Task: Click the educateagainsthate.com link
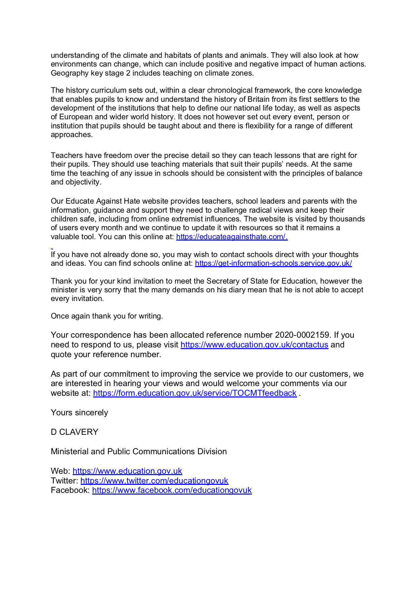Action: [x=232, y=237]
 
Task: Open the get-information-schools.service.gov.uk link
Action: [x=273, y=263]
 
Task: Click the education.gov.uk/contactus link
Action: [x=254, y=345]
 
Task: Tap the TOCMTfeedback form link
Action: [x=195, y=393]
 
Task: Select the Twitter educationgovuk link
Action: [x=154, y=481]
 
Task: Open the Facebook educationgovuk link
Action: [x=172, y=490]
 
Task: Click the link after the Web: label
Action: [x=127, y=471]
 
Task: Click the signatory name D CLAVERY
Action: [x=75, y=432]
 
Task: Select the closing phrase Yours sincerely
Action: [x=79, y=413]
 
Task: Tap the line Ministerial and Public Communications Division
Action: [x=139, y=452]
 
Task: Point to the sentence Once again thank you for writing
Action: [x=107, y=316]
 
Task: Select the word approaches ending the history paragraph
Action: [x=71, y=135]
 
